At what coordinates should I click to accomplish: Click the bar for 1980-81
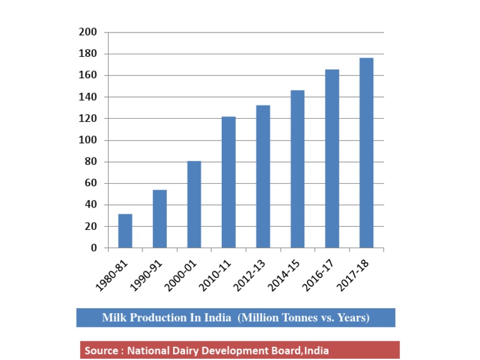125,231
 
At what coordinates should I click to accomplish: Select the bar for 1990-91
159,219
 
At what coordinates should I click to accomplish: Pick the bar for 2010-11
228,182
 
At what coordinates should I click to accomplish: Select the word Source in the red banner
101,351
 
